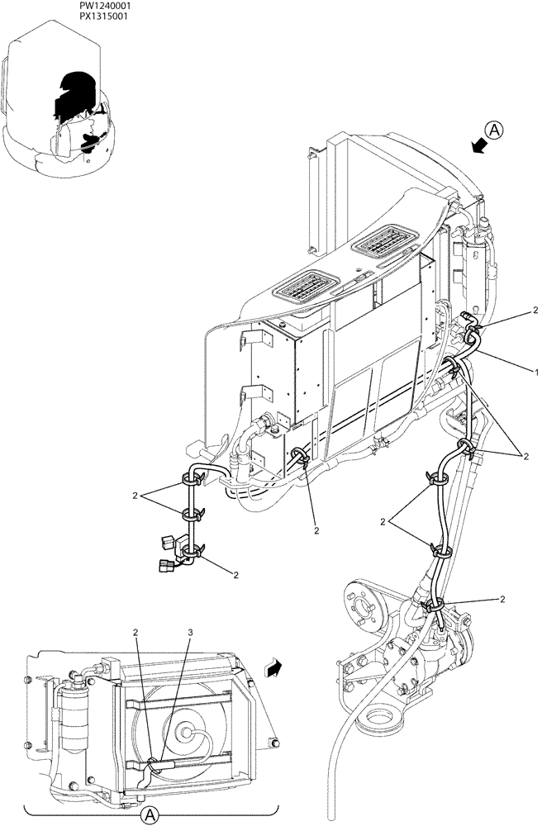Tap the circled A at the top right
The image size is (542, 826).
coord(493,130)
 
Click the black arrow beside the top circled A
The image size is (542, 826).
coord(476,145)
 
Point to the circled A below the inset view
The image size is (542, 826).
coord(150,815)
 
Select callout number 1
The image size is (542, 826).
coord(536,365)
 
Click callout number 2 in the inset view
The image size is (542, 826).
coord(136,633)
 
